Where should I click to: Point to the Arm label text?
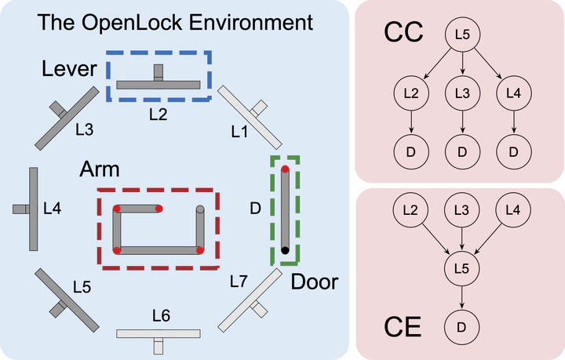(100, 170)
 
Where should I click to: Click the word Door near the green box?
(314, 282)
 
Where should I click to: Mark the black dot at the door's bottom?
(285, 250)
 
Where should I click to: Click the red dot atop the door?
(285, 169)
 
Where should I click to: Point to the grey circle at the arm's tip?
(200, 209)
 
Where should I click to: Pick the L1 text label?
(239, 133)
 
